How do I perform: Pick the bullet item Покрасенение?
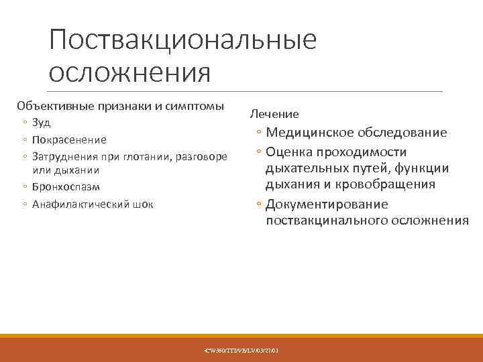(x=69, y=139)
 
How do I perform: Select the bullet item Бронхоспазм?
(x=66, y=187)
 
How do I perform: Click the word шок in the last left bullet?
(x=144, y=204)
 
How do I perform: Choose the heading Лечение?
(x=274, y=115)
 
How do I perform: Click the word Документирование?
(x=327, y=204)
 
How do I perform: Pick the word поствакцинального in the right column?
(x=331, y=220)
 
